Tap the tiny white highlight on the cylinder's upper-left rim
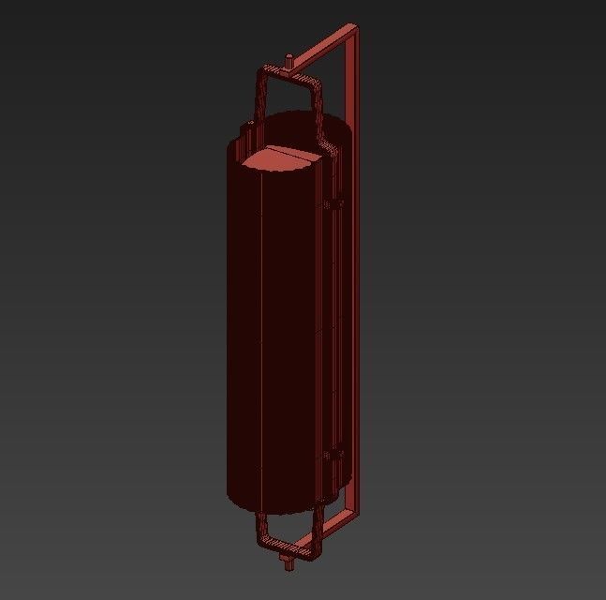click(251, 124)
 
